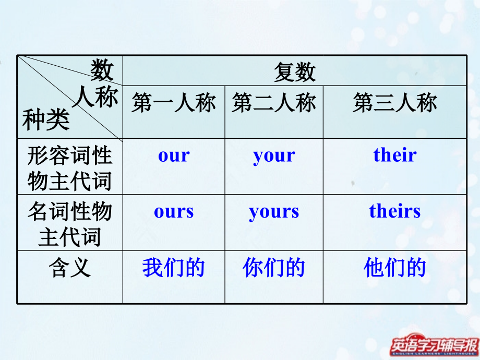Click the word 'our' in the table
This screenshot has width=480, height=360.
(174, 155)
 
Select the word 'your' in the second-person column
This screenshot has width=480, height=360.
(274, 156)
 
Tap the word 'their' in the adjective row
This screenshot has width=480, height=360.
(395, 155)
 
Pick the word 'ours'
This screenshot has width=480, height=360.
(174, 211)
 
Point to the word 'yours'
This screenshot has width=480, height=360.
(274, 212)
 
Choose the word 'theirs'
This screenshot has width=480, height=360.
(395, 211)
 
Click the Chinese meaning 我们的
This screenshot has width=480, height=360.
(174, 268)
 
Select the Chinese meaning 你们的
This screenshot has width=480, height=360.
(274, 268)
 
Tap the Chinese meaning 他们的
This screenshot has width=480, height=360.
(395, 268)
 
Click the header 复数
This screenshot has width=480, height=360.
(295, 72)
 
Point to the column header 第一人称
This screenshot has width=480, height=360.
(174, 103)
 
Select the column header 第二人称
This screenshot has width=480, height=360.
(274, 103)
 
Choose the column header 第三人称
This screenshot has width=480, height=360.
(395, 103)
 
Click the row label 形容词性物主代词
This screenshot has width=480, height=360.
(70, 168)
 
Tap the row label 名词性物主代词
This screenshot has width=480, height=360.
(70, 224)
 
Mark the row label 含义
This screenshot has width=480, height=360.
(70, 268)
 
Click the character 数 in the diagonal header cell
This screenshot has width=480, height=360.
(102, 70)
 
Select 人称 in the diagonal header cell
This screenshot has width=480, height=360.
(94, 98)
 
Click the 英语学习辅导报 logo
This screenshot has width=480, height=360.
(435, 345)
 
